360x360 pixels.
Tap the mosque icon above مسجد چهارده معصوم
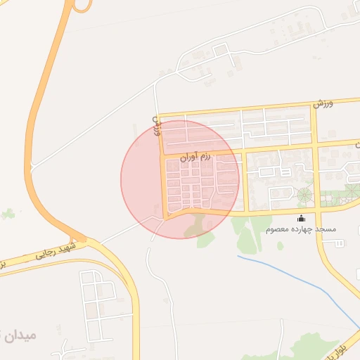pyautogui.click(x=302, y=218)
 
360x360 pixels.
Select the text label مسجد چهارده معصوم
pyautogui.click(x=302, y=229)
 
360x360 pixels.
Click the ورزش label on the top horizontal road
pyautogui.click(x=323, y=104)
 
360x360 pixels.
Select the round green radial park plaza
pyautogui.click(x=305, y=195)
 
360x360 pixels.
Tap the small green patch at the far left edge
pyautogui.click(x=8, y=212)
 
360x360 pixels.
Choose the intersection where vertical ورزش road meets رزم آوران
pyautogui.click(x=162, y=155)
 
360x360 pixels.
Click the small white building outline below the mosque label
pyautogui.click(x=340, y=243)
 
